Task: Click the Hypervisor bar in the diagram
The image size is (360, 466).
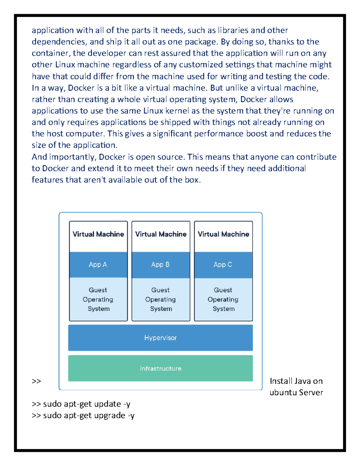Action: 160,338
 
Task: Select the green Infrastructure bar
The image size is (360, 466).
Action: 160,368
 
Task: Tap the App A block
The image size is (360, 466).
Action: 98,265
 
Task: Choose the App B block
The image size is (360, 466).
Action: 160,265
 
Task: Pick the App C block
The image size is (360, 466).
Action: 223,265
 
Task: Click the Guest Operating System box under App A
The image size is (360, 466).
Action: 98,299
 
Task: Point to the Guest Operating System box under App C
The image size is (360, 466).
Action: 223,299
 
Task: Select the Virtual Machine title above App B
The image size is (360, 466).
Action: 160,234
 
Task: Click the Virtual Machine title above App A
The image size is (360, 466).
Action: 98,234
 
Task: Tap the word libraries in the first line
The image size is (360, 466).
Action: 233,30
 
